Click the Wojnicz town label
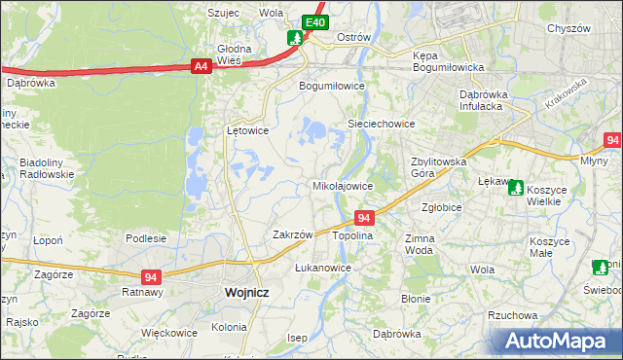(246, 291)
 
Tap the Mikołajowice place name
(342, 185)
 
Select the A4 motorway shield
(201, 66)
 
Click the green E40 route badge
(313, 22)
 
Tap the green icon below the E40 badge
(295, 39)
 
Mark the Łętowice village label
(247, 129)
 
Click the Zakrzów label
(292, 234)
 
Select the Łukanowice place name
(322, 267)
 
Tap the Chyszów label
(569, 29)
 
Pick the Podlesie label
(146, 237)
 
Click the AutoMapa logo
(558, 342)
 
